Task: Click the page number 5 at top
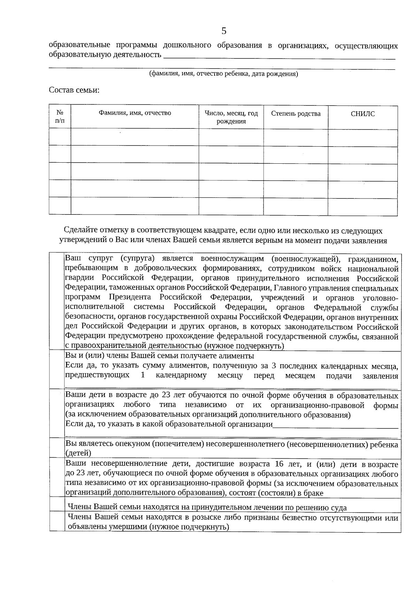pos(224,31)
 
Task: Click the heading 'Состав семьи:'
pos(74,90)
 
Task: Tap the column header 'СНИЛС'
pos(363,114)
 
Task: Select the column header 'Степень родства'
pos(296,114)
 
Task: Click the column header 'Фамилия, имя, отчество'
pos(135,113)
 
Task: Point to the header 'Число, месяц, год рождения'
pos(231,117)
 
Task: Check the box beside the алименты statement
pos(57,369)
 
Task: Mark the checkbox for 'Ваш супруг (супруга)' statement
pos(57,302)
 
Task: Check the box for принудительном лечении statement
pos(57,504)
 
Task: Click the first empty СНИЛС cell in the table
pos(363,138)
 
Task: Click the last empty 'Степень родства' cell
pos(296,206)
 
